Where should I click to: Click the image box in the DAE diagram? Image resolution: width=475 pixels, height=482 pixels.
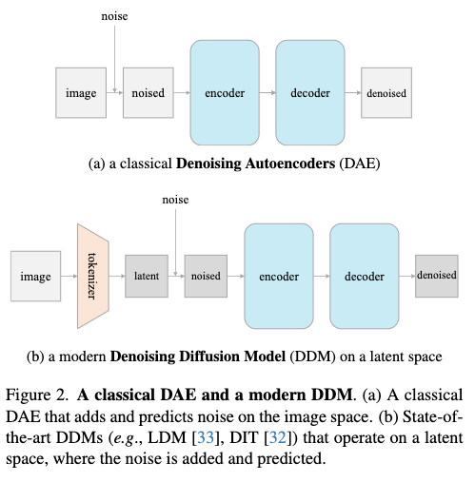(x=81, y=92)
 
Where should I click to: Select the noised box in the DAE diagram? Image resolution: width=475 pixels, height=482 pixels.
(x=146, y=92)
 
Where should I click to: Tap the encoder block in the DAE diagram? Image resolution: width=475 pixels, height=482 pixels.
(x=224, y=92)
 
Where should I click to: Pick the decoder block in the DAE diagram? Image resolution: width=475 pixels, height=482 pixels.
(x=308, y=92)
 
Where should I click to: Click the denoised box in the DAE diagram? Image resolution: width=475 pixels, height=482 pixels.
(x=386, y=92)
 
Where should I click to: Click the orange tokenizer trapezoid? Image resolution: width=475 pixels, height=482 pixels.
(x=93, y=276)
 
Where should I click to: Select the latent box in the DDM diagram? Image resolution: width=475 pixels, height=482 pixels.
(x=148, y=276)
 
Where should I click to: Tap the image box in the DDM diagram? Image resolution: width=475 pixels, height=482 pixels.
(x=36, y=276)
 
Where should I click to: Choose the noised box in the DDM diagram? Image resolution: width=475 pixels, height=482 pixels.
(x=206, y=276)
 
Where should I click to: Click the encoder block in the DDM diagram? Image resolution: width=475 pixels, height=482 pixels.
(x=279, y=276)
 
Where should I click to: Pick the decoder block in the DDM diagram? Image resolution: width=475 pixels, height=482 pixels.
(x=364, y=276)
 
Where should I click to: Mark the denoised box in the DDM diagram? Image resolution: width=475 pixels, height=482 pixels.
(x=436, y=276)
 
